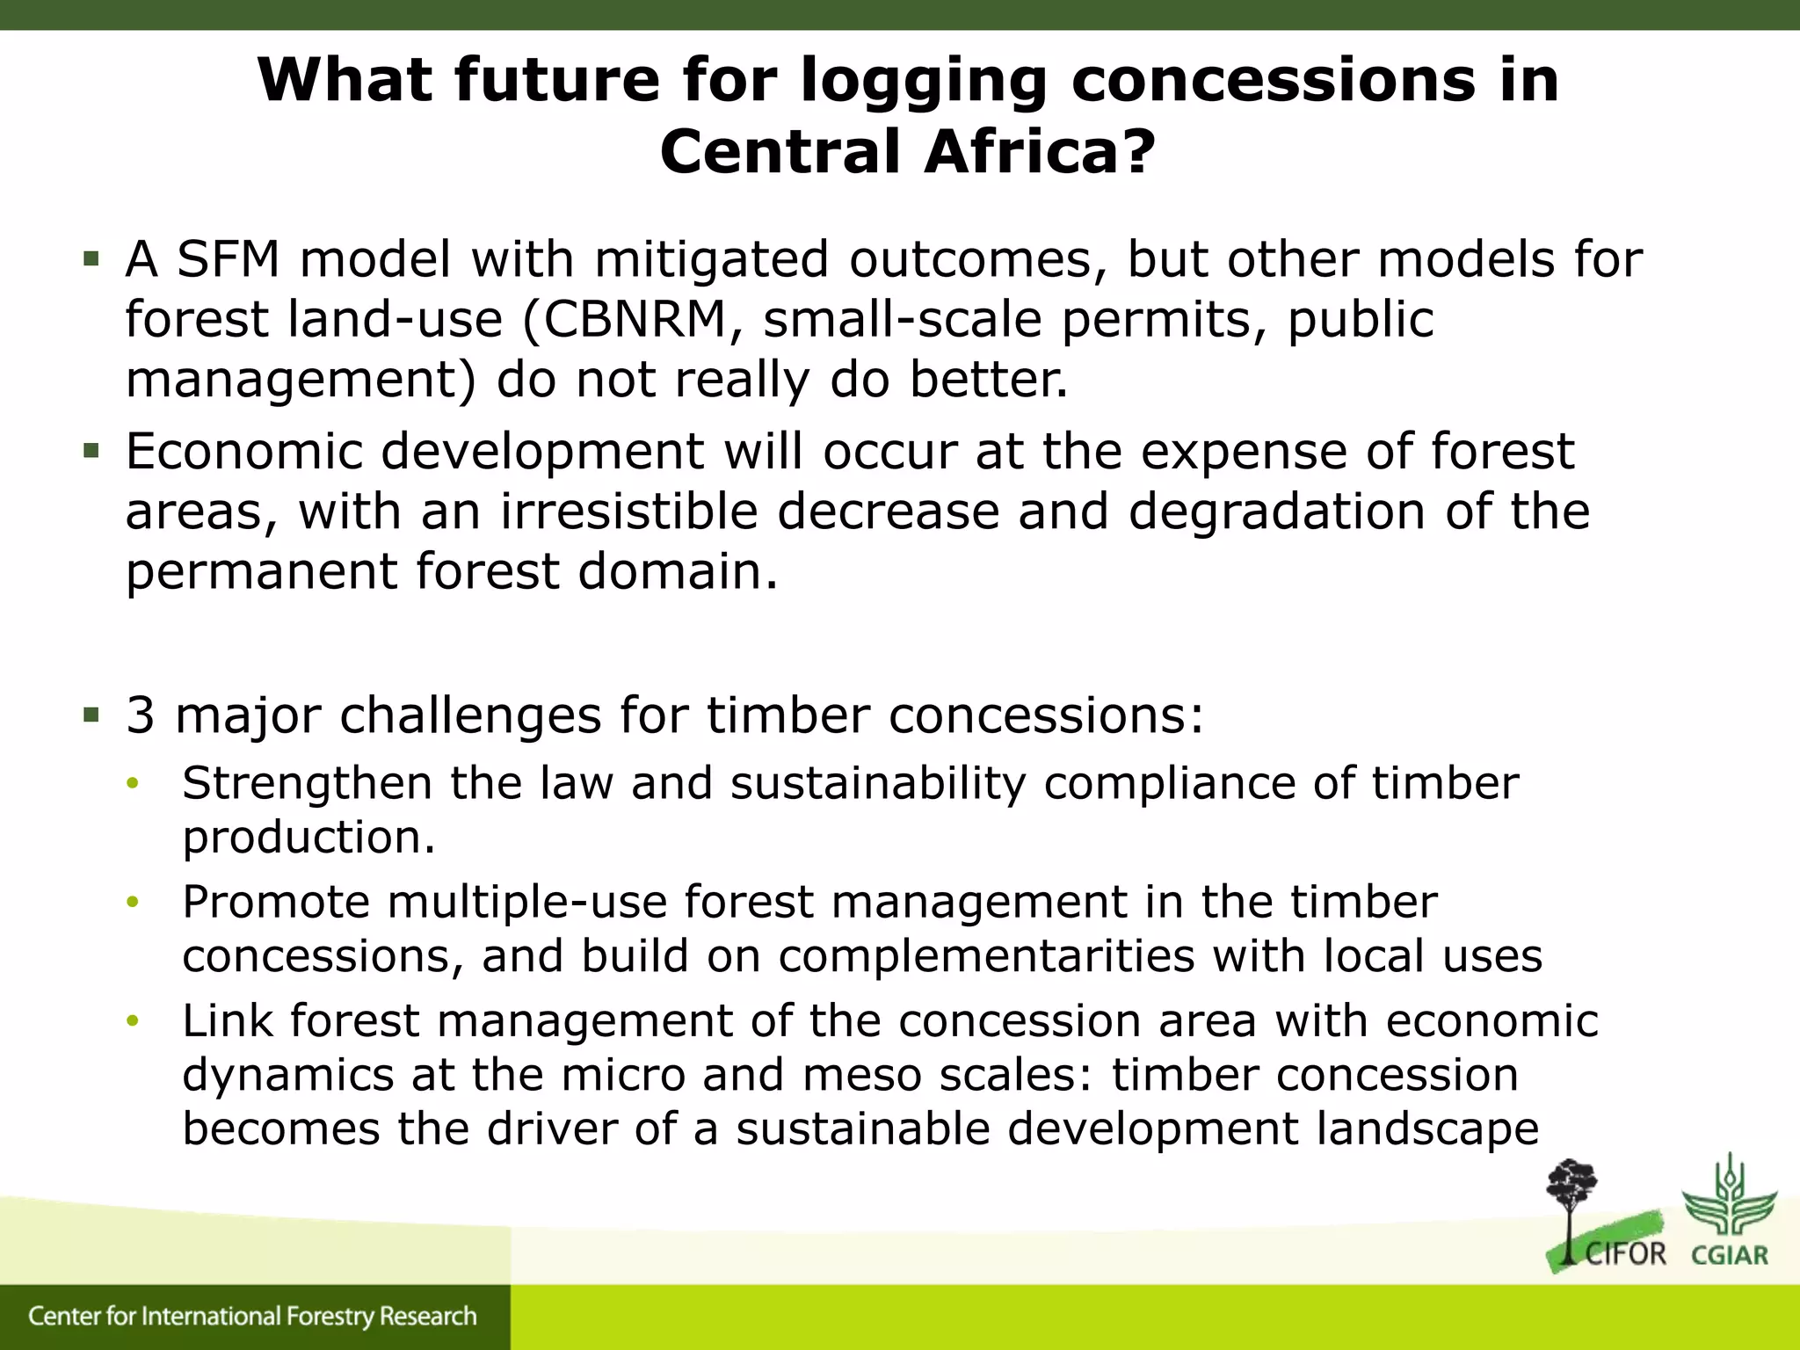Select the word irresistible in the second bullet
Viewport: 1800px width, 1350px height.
[628, 512]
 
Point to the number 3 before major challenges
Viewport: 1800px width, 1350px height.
[141, 715]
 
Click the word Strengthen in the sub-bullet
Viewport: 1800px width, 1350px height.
[307, 783]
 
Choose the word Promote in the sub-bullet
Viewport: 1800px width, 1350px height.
[276, 903]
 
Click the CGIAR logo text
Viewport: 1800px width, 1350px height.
[1730, 1254]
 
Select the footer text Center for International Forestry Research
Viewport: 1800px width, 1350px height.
[252, 1317]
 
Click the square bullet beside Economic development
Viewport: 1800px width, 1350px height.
[91, 452]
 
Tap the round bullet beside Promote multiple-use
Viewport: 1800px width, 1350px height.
[133, 903]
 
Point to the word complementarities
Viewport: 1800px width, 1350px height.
[986, 956]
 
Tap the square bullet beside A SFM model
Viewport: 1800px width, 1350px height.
[91, 259]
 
